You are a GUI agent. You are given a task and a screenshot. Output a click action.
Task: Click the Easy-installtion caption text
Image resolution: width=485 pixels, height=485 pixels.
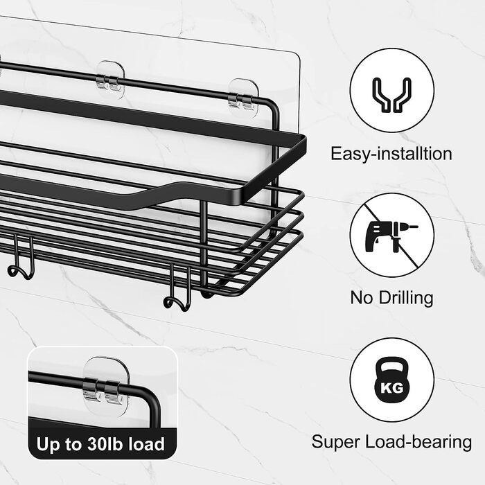[x=391, y=153]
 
